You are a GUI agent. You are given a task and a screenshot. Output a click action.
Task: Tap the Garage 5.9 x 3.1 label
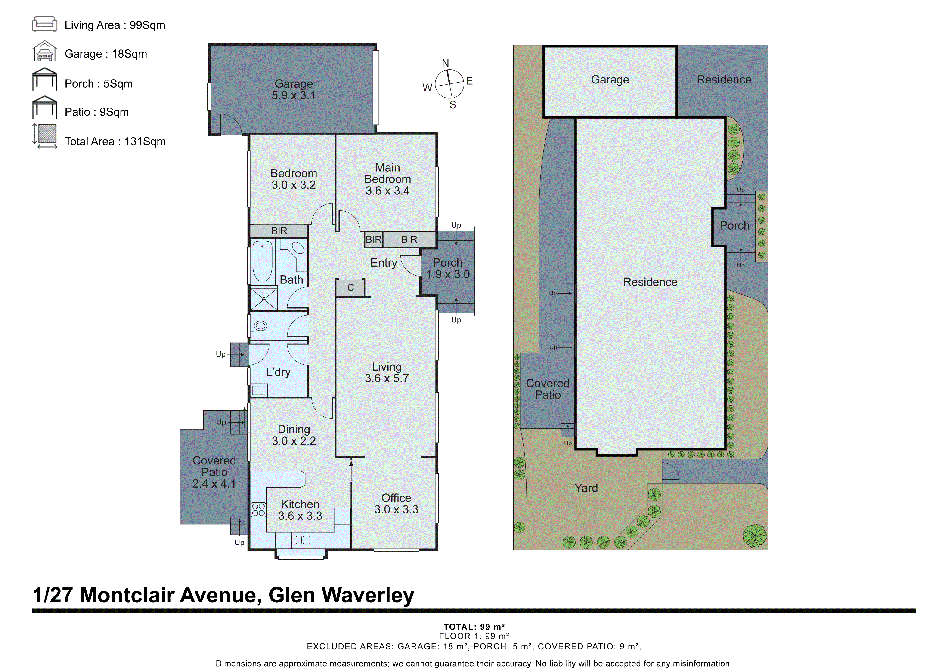pyautogui.click(x=294, y=89)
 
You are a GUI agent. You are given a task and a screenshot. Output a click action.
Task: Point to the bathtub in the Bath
pyautogui.click(x=262, y=261)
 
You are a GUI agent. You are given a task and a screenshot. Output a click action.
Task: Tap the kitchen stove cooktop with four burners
pyautogui.click(x=258, y=510)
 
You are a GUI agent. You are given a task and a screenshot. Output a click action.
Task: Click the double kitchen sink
pyautogui.click(x=303, y=540)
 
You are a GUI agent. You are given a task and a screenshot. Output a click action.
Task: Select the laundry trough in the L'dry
pyautogui.click(x=259, y=390)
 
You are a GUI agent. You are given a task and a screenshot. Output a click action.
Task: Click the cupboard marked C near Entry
pyautogui.click(x=350, y=288)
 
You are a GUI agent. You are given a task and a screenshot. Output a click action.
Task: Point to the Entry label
pyautogui.click(x=384, y=263)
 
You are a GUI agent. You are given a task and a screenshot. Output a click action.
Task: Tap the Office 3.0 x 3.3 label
pyautogui.click(x=396, y=504)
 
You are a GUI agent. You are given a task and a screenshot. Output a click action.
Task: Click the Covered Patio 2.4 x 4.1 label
pyautogui.click(x=214, y=472)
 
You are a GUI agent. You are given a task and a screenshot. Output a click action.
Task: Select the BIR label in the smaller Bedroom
pyautogui.click(x=279, y=231)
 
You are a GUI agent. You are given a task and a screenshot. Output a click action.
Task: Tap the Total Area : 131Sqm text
pyautogui.click(x=115, y=141)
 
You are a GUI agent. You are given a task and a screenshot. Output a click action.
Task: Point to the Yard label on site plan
pyautogui.click(x=586, y=488)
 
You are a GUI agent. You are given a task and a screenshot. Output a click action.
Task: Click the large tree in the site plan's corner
pyautogui.click(x=754, y=536)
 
